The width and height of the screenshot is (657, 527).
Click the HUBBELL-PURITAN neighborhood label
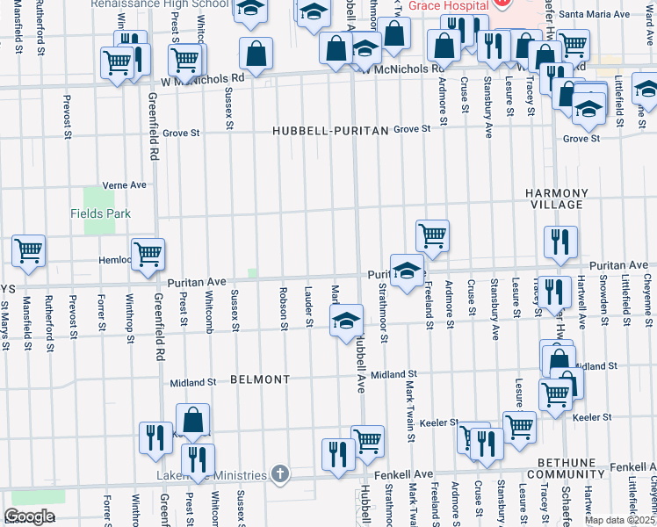click(x=329, y=130)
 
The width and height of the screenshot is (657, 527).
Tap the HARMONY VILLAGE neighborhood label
click(x=555, y=199)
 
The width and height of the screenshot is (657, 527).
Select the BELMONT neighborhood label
click(x=259, y=379)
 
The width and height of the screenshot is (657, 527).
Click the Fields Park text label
click(x=100, y=213)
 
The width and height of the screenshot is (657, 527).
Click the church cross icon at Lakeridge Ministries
click(x=279, y=474)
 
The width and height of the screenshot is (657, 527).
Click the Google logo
click(x=29, y=516)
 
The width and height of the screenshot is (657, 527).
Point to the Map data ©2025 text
click(x=619, y=520)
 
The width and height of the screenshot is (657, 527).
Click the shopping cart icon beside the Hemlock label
click(x=148, y=253)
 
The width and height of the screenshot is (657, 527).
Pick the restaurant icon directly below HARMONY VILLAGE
click(x=560, y=242)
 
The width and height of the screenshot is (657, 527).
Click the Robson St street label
click(x=284, y=309)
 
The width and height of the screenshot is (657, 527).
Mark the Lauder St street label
click(x=308, y=306)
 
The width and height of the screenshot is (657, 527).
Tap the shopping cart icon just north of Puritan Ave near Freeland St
click(x=432, y=235)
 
